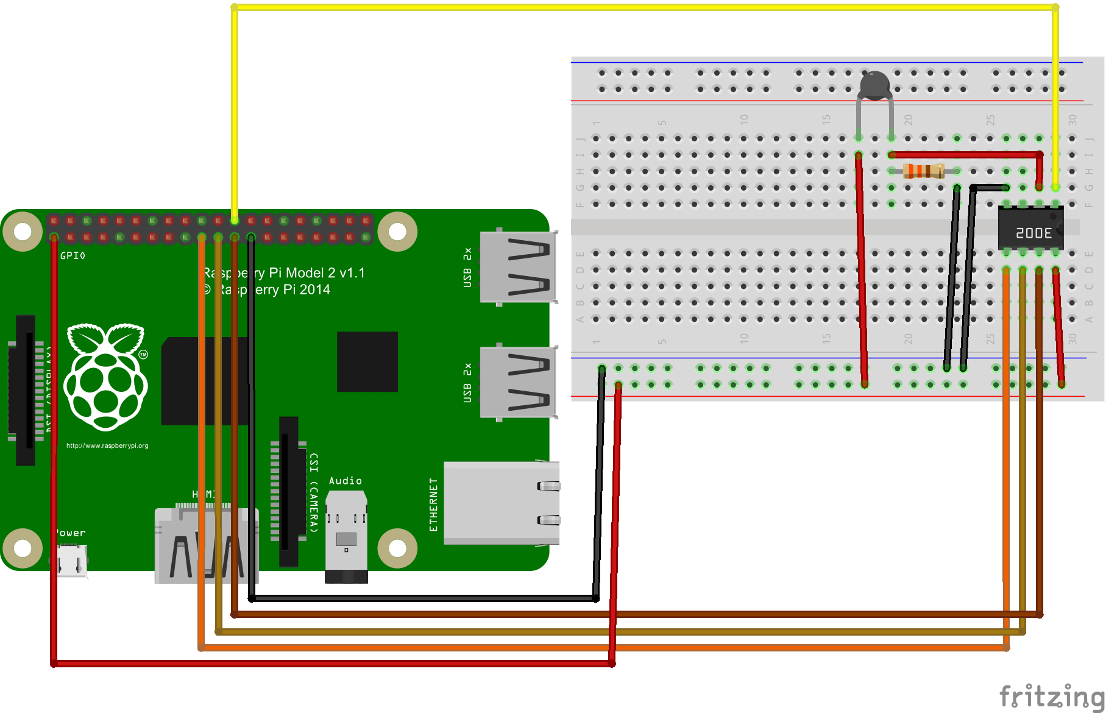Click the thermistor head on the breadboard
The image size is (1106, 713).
(x=875, y=85)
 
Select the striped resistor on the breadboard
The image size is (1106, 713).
(x=923, y=171)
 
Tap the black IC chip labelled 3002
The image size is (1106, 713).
(x=1031, y=228)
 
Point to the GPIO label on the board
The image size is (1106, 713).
(x=73, y=256)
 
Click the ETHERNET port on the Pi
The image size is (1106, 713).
(x=501, y=503)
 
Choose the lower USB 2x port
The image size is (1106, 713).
(x=518, y=382)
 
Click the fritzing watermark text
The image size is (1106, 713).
(x=1051, y=695)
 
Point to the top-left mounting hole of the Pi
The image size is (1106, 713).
(x=23, y=232)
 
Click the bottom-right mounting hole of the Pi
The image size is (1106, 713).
(x=397, y=548)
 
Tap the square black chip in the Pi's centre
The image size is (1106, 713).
(x=367, y=361)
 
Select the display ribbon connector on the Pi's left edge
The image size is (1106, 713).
(x=26, y=390)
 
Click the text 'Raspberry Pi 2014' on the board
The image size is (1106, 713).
(x=268, y=289)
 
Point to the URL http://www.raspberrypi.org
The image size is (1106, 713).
(x=107, y=445)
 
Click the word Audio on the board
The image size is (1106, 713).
(x=345, y=481)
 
